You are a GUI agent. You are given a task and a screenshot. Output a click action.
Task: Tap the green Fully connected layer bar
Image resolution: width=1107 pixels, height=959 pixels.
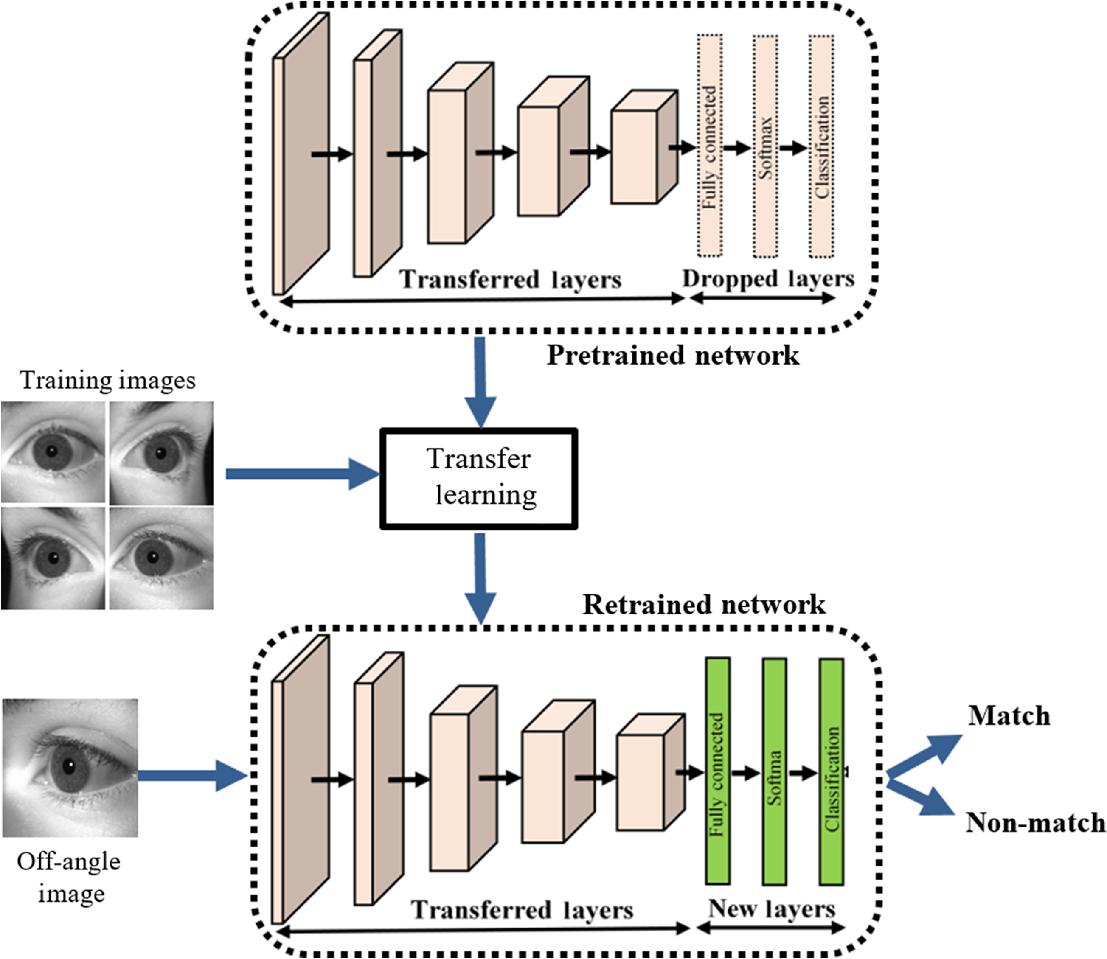(717, 771)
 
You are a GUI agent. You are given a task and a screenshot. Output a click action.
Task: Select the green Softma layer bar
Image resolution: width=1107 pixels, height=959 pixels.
(774, 771)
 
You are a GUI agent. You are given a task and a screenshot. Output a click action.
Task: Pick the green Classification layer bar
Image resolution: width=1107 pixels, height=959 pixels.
(832, 771)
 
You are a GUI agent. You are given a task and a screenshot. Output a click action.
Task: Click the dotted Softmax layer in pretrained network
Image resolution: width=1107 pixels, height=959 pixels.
(765, 146)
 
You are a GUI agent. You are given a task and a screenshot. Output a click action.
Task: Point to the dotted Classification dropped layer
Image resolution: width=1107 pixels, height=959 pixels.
(821, 146)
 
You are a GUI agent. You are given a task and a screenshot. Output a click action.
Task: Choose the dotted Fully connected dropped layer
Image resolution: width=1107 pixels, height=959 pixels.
(710, 146)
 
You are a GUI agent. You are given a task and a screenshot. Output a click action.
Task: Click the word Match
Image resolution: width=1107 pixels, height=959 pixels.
(1009, 716)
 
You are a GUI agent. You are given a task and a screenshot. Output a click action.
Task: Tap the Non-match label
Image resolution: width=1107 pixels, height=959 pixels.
(1035, 822)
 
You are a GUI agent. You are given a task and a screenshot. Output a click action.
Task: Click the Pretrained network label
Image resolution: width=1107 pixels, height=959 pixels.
(673, 355)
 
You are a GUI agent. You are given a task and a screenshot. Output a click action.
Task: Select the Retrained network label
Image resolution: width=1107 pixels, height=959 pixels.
(703, 605)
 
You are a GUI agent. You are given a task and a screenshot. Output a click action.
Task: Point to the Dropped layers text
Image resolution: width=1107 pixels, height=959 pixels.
(768, 279)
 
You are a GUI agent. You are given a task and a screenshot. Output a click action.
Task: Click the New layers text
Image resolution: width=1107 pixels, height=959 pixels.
(771, 908)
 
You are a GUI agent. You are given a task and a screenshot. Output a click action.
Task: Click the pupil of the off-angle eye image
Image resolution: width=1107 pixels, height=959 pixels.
(68, 767)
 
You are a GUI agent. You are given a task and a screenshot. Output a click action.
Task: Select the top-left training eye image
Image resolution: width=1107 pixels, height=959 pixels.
(53, 453)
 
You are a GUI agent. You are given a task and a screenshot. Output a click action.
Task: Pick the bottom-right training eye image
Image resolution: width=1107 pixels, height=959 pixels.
(161, 558)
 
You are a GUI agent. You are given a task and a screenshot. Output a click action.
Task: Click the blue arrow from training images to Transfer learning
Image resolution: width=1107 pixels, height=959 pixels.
(300, 474)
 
